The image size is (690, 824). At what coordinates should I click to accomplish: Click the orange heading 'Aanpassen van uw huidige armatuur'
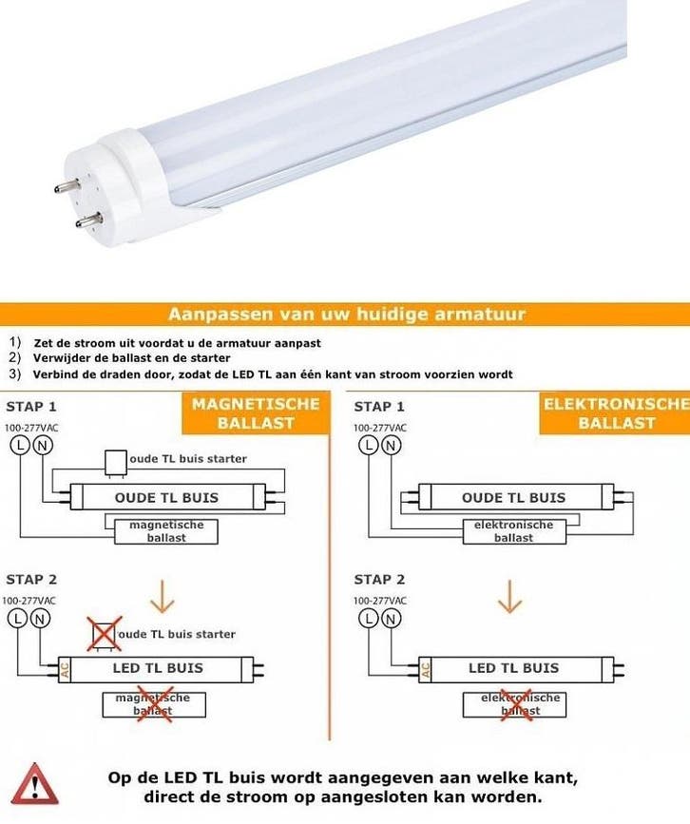[x=345, y=314]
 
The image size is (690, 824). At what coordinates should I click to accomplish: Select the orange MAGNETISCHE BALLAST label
[x=256, y=413]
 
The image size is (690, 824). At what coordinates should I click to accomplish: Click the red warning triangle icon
[x=34, y=784]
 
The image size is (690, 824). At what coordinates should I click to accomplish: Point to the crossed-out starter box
[x=105, y=634]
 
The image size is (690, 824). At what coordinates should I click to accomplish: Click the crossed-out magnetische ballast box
[x=152, y=704]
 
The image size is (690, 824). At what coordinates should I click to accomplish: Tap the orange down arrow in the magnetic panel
[x=163, y=597]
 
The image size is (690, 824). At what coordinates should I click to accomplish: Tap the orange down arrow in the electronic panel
[x=511, y=597]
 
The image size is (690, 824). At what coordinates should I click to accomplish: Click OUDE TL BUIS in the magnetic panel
[x=166, y=497]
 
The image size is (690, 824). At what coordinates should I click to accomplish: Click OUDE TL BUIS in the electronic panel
[x=513, y=497]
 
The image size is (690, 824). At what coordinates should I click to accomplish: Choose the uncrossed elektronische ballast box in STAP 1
[x=513, y=531]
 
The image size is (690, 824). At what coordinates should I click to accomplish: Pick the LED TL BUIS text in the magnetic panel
[x=158, y=667]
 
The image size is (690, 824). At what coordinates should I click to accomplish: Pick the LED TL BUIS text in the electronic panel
[x=513, y=668]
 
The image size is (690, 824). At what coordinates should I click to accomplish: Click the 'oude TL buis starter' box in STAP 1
[x=115, y=460]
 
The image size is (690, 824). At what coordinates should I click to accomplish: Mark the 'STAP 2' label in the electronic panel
[x=379, y=579]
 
